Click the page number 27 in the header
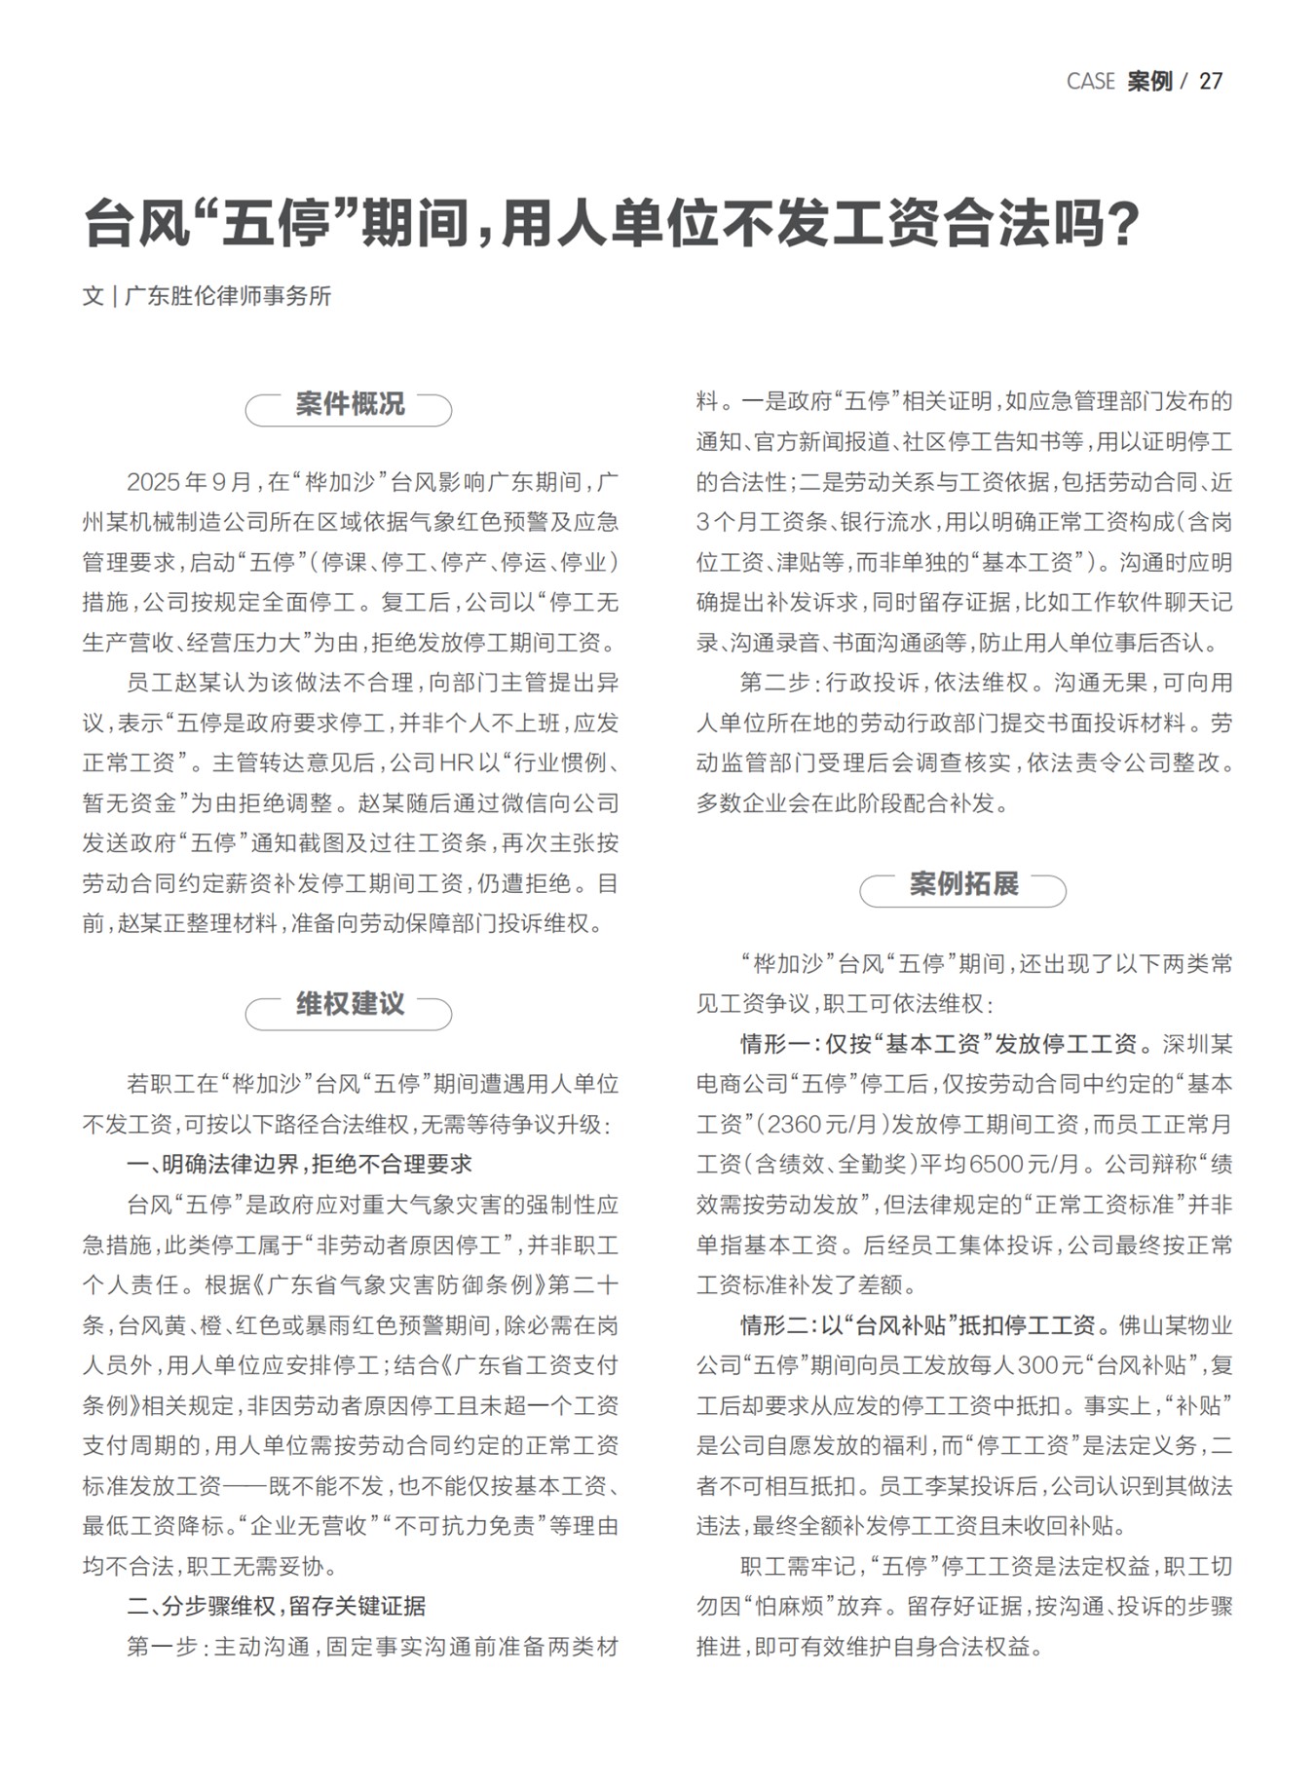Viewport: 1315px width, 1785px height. coord(1210,82)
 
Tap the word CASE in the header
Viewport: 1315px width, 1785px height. coord(1090,82)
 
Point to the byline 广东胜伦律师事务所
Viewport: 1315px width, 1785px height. coord(228,296)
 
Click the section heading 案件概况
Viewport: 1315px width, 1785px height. coord(349,405)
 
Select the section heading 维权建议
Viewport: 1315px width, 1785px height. coord(349,1005)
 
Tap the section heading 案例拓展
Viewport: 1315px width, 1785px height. coord(963,885)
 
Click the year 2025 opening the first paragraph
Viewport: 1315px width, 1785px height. coord(153,482)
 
